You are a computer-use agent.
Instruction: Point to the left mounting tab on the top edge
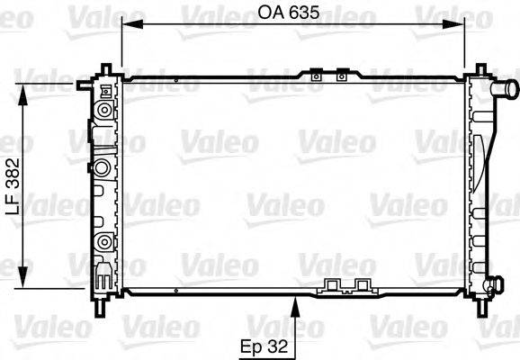pos(316,78)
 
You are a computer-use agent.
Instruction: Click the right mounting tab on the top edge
pos(341,78)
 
